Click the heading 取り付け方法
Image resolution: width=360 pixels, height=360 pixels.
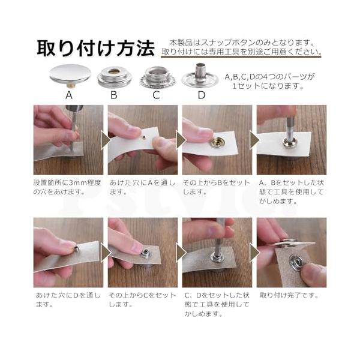[96, 48]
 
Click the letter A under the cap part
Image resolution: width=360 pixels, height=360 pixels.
[69, 95]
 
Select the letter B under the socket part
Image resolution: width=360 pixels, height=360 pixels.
[114, 95]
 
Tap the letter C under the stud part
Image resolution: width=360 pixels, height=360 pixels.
[157, 95]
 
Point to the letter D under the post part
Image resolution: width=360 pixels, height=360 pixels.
[202, 95]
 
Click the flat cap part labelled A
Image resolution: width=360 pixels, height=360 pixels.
[70, 74]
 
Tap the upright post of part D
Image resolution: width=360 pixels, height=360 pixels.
[200, 71]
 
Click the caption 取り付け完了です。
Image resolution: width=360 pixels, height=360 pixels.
[289, 295]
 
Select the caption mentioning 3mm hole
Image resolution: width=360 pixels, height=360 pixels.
[67, 187]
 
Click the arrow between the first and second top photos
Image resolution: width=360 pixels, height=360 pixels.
[105, 140]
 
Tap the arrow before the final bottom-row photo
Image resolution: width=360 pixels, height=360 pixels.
[254, 253]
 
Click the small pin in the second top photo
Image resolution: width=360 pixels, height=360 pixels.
[144, 137]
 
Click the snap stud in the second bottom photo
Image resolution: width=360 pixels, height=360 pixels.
[146, 253]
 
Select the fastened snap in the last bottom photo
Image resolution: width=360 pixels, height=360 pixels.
[296, 261]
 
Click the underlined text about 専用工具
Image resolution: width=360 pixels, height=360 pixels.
[241, 52]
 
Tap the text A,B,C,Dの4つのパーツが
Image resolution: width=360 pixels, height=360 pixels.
[269, 77]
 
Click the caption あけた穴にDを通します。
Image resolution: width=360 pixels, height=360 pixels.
[68, 300]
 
